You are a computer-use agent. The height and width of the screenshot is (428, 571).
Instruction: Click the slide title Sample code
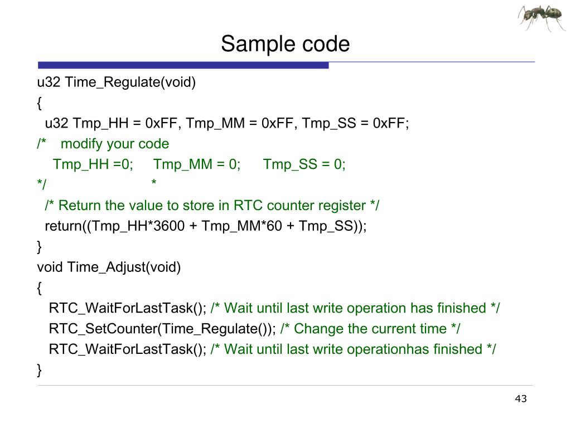(285, 43)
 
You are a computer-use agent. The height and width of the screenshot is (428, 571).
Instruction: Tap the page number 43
(521, 398)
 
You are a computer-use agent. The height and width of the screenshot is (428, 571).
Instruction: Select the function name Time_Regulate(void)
(130, 82)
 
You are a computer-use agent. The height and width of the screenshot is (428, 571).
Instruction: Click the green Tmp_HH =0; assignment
(93, 164)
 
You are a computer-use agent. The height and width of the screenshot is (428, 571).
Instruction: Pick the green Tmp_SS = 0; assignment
(304, 164)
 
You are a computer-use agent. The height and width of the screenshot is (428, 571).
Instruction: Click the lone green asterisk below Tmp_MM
(154, 184)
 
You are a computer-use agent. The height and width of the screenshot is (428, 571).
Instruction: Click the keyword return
(61, 226)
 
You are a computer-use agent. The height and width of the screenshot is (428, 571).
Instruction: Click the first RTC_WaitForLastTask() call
(127, 308)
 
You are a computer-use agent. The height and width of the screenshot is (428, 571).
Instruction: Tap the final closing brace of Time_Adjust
(39, 369)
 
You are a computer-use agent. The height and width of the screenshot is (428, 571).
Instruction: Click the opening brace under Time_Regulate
(39, 103)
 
